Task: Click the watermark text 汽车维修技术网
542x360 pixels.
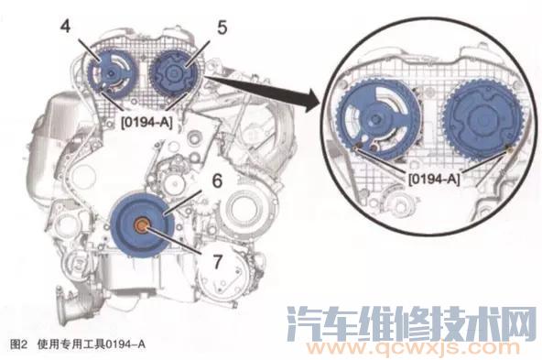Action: tap(411, 321)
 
